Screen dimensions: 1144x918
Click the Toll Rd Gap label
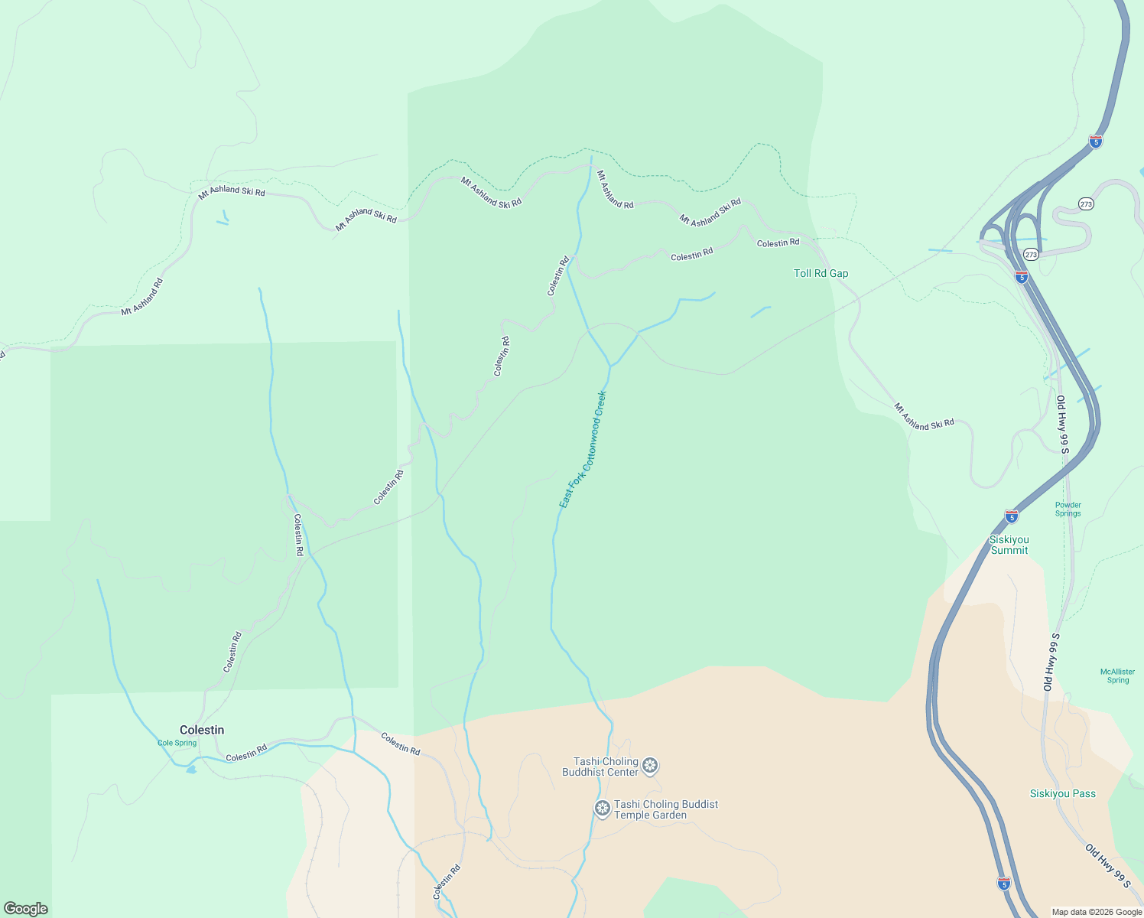pyautogui.click(x=821, y=273)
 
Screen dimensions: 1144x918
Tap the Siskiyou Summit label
pyautogui.click(x=1009, y=545)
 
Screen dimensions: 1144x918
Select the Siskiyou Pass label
pyautogui.click(x=1062, y=793)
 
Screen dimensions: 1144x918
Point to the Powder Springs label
pyautogui.click(x=1068, y=509)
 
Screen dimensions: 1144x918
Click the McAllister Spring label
pyautogui.click(x=1117, y=675)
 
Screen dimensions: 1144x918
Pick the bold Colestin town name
pyautogui.click(x=202, y=730)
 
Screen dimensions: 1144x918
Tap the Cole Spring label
pyautogui.click(x=177, y=743)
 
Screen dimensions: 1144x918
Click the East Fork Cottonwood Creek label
pyautogui.click(x=583, y=449)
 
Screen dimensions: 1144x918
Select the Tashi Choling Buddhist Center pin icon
pyautogui.click(x=650, y=765)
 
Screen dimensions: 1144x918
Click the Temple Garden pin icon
pyautogui.click(x=603, y=808)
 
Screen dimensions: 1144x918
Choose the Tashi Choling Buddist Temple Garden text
pyautogui.click(x=665, y=809)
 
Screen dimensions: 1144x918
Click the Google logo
pyautogui.click(x=26, y=909)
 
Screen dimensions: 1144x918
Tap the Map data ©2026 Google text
pyautogui.click(x=1097, y=912)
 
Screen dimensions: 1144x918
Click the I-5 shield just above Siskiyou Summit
pyautogui.click(x=1012, y=516)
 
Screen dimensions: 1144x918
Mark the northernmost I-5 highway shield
pyautogui.click(x=1096, y=141)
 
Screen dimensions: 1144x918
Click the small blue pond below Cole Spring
pyautogui.click(x=190, y=769)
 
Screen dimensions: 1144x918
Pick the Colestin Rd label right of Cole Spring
pyautogui.click(x=246, y=753)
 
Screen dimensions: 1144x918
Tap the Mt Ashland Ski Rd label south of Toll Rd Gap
pyautogui.click(x=925, y=416)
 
